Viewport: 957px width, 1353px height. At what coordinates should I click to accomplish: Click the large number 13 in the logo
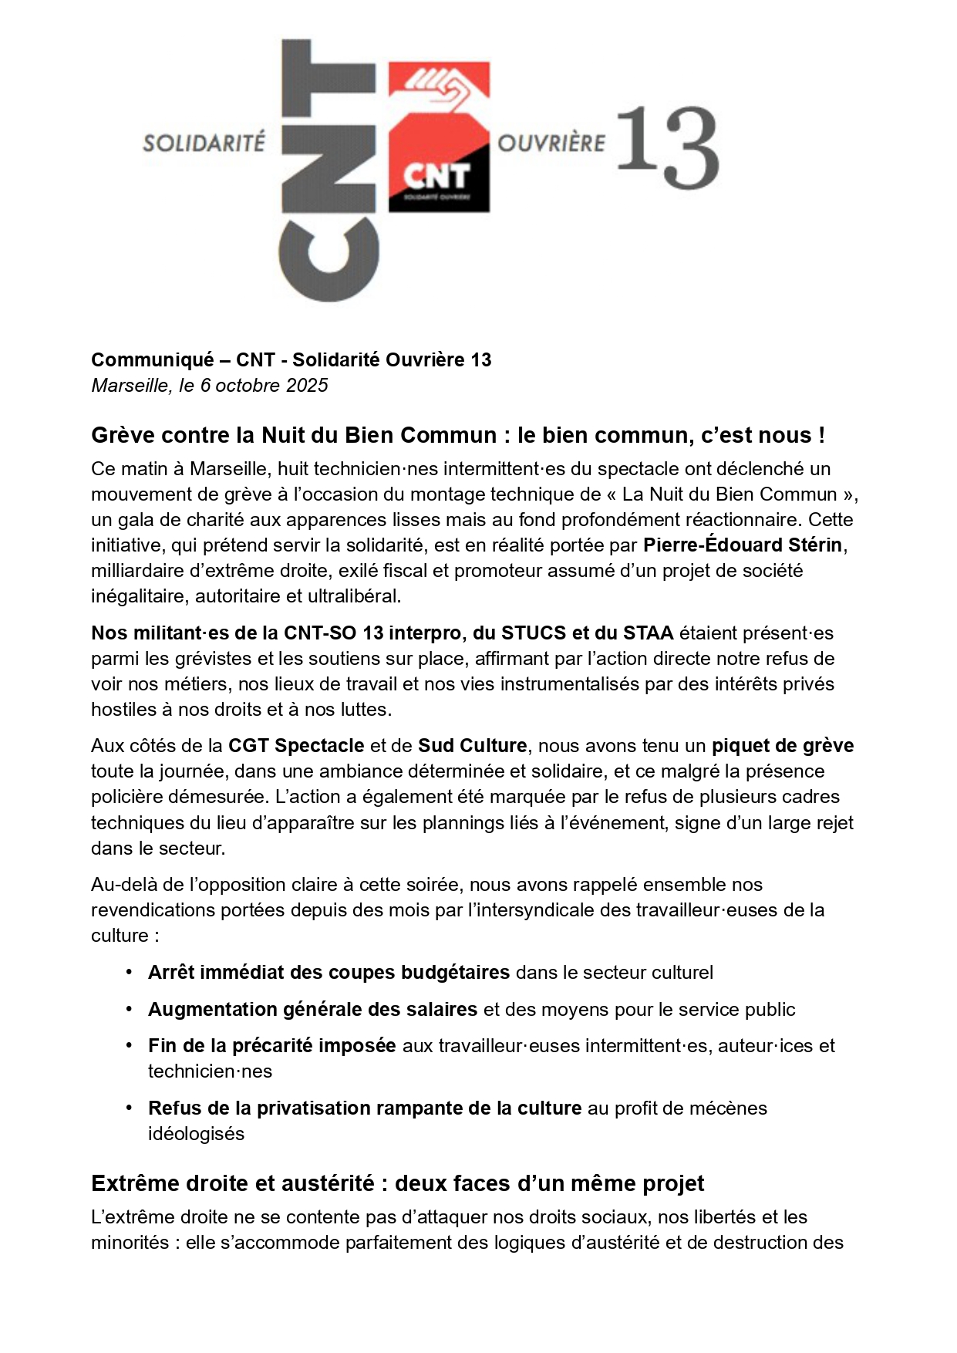668,147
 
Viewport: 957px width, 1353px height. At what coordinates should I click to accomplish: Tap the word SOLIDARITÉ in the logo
204,143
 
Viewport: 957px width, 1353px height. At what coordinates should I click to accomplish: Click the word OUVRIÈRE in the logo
551,143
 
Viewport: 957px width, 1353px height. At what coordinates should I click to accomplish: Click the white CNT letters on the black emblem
436,177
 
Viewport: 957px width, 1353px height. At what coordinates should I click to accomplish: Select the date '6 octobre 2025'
264,385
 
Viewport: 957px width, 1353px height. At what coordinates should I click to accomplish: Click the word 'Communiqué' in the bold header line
153,359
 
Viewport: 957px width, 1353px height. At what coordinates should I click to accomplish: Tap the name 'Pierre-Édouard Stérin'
742,545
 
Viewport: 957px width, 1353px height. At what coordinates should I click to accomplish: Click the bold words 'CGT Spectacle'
296,745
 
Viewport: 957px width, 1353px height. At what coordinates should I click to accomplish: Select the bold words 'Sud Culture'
473,745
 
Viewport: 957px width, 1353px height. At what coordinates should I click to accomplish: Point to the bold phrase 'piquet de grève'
782,745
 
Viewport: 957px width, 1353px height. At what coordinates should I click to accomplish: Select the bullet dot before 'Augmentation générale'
130,1008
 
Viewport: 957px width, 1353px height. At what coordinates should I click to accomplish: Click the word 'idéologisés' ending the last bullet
196,1133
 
